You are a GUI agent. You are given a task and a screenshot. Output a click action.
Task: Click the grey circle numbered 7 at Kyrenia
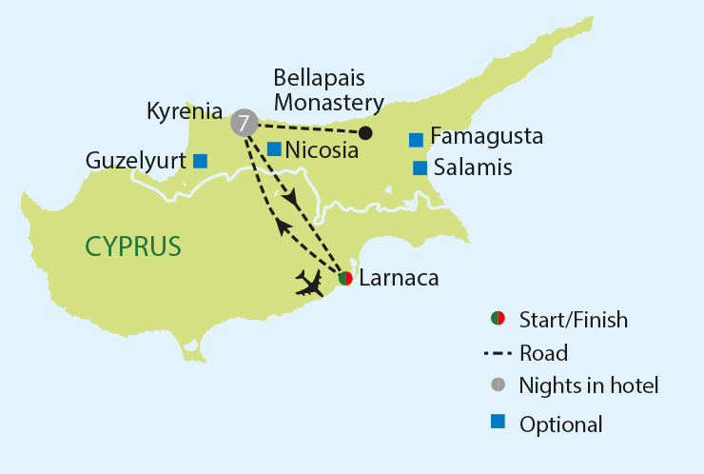[244, 122]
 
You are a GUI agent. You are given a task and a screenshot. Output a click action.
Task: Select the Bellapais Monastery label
[328, 89]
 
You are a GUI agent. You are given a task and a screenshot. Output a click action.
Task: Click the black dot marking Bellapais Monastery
[365, 133]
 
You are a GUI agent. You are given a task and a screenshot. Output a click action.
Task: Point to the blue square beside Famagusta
[416, 140]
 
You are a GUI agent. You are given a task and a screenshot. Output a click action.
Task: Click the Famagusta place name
[486, 137]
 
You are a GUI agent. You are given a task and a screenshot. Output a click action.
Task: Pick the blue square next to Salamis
[420, 168]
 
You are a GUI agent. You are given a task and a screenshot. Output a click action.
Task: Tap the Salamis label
[473, 168]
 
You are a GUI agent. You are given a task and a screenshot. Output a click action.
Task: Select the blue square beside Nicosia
[274, 148]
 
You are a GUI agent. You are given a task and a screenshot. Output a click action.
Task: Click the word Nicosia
[322, 150]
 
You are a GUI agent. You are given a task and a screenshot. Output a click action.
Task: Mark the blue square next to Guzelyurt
[200, 161]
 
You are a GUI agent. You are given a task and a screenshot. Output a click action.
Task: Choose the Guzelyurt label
[134, 161]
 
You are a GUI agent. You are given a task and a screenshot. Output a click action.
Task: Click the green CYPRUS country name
[133, 247]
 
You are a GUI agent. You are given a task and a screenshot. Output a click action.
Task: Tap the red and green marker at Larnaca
[346, 278]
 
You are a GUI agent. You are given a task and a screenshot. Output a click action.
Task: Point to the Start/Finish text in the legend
[574, 320]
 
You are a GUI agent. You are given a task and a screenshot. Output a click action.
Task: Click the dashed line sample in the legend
[498, 353]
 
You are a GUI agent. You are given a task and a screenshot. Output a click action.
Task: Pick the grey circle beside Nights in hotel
[497, 385]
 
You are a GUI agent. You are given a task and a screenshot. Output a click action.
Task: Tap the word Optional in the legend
[561, 425]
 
